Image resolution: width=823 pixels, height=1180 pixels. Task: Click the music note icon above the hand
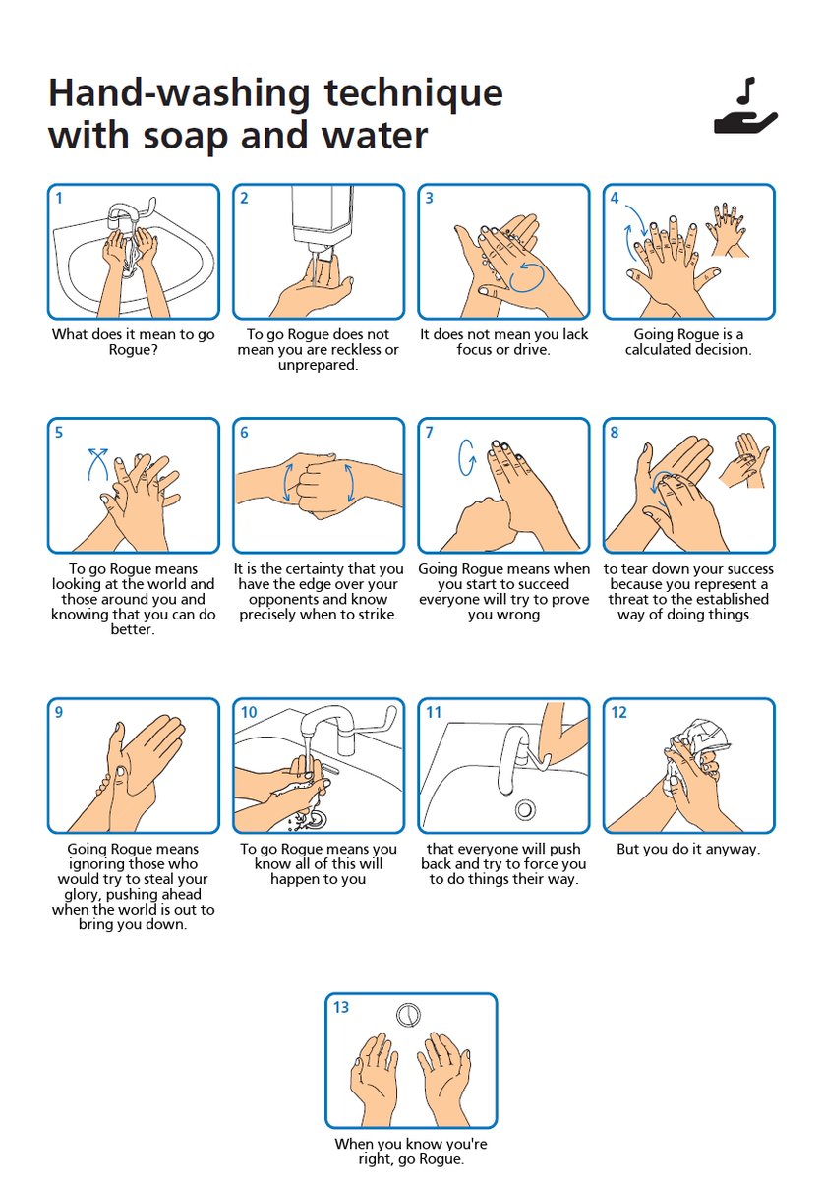click(x=746, y=89)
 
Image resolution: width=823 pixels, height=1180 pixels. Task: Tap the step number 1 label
click(x=59, y=198)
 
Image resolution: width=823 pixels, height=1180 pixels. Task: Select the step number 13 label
click(x=341, y=1007)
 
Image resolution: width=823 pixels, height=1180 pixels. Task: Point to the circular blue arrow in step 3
click(x=527, y=277)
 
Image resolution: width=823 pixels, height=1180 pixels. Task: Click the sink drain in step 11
click(x=525, y=808)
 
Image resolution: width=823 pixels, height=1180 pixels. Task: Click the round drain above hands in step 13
click(x=408, y=1015)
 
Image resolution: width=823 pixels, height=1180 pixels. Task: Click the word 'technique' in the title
click(x=413, y=93)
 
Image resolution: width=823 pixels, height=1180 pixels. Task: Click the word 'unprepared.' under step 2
click(x=319, y=365)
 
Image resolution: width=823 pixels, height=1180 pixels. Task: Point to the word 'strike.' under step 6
click(x=379, y=615)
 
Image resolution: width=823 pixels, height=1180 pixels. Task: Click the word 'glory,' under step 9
click(x=84, y=895)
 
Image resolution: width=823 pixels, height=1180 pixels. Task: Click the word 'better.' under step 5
click(x=133, y=629)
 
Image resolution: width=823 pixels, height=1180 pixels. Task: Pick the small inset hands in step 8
click(x=744, y=460)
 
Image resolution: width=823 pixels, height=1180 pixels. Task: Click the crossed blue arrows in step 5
click(x=98, y=463)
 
